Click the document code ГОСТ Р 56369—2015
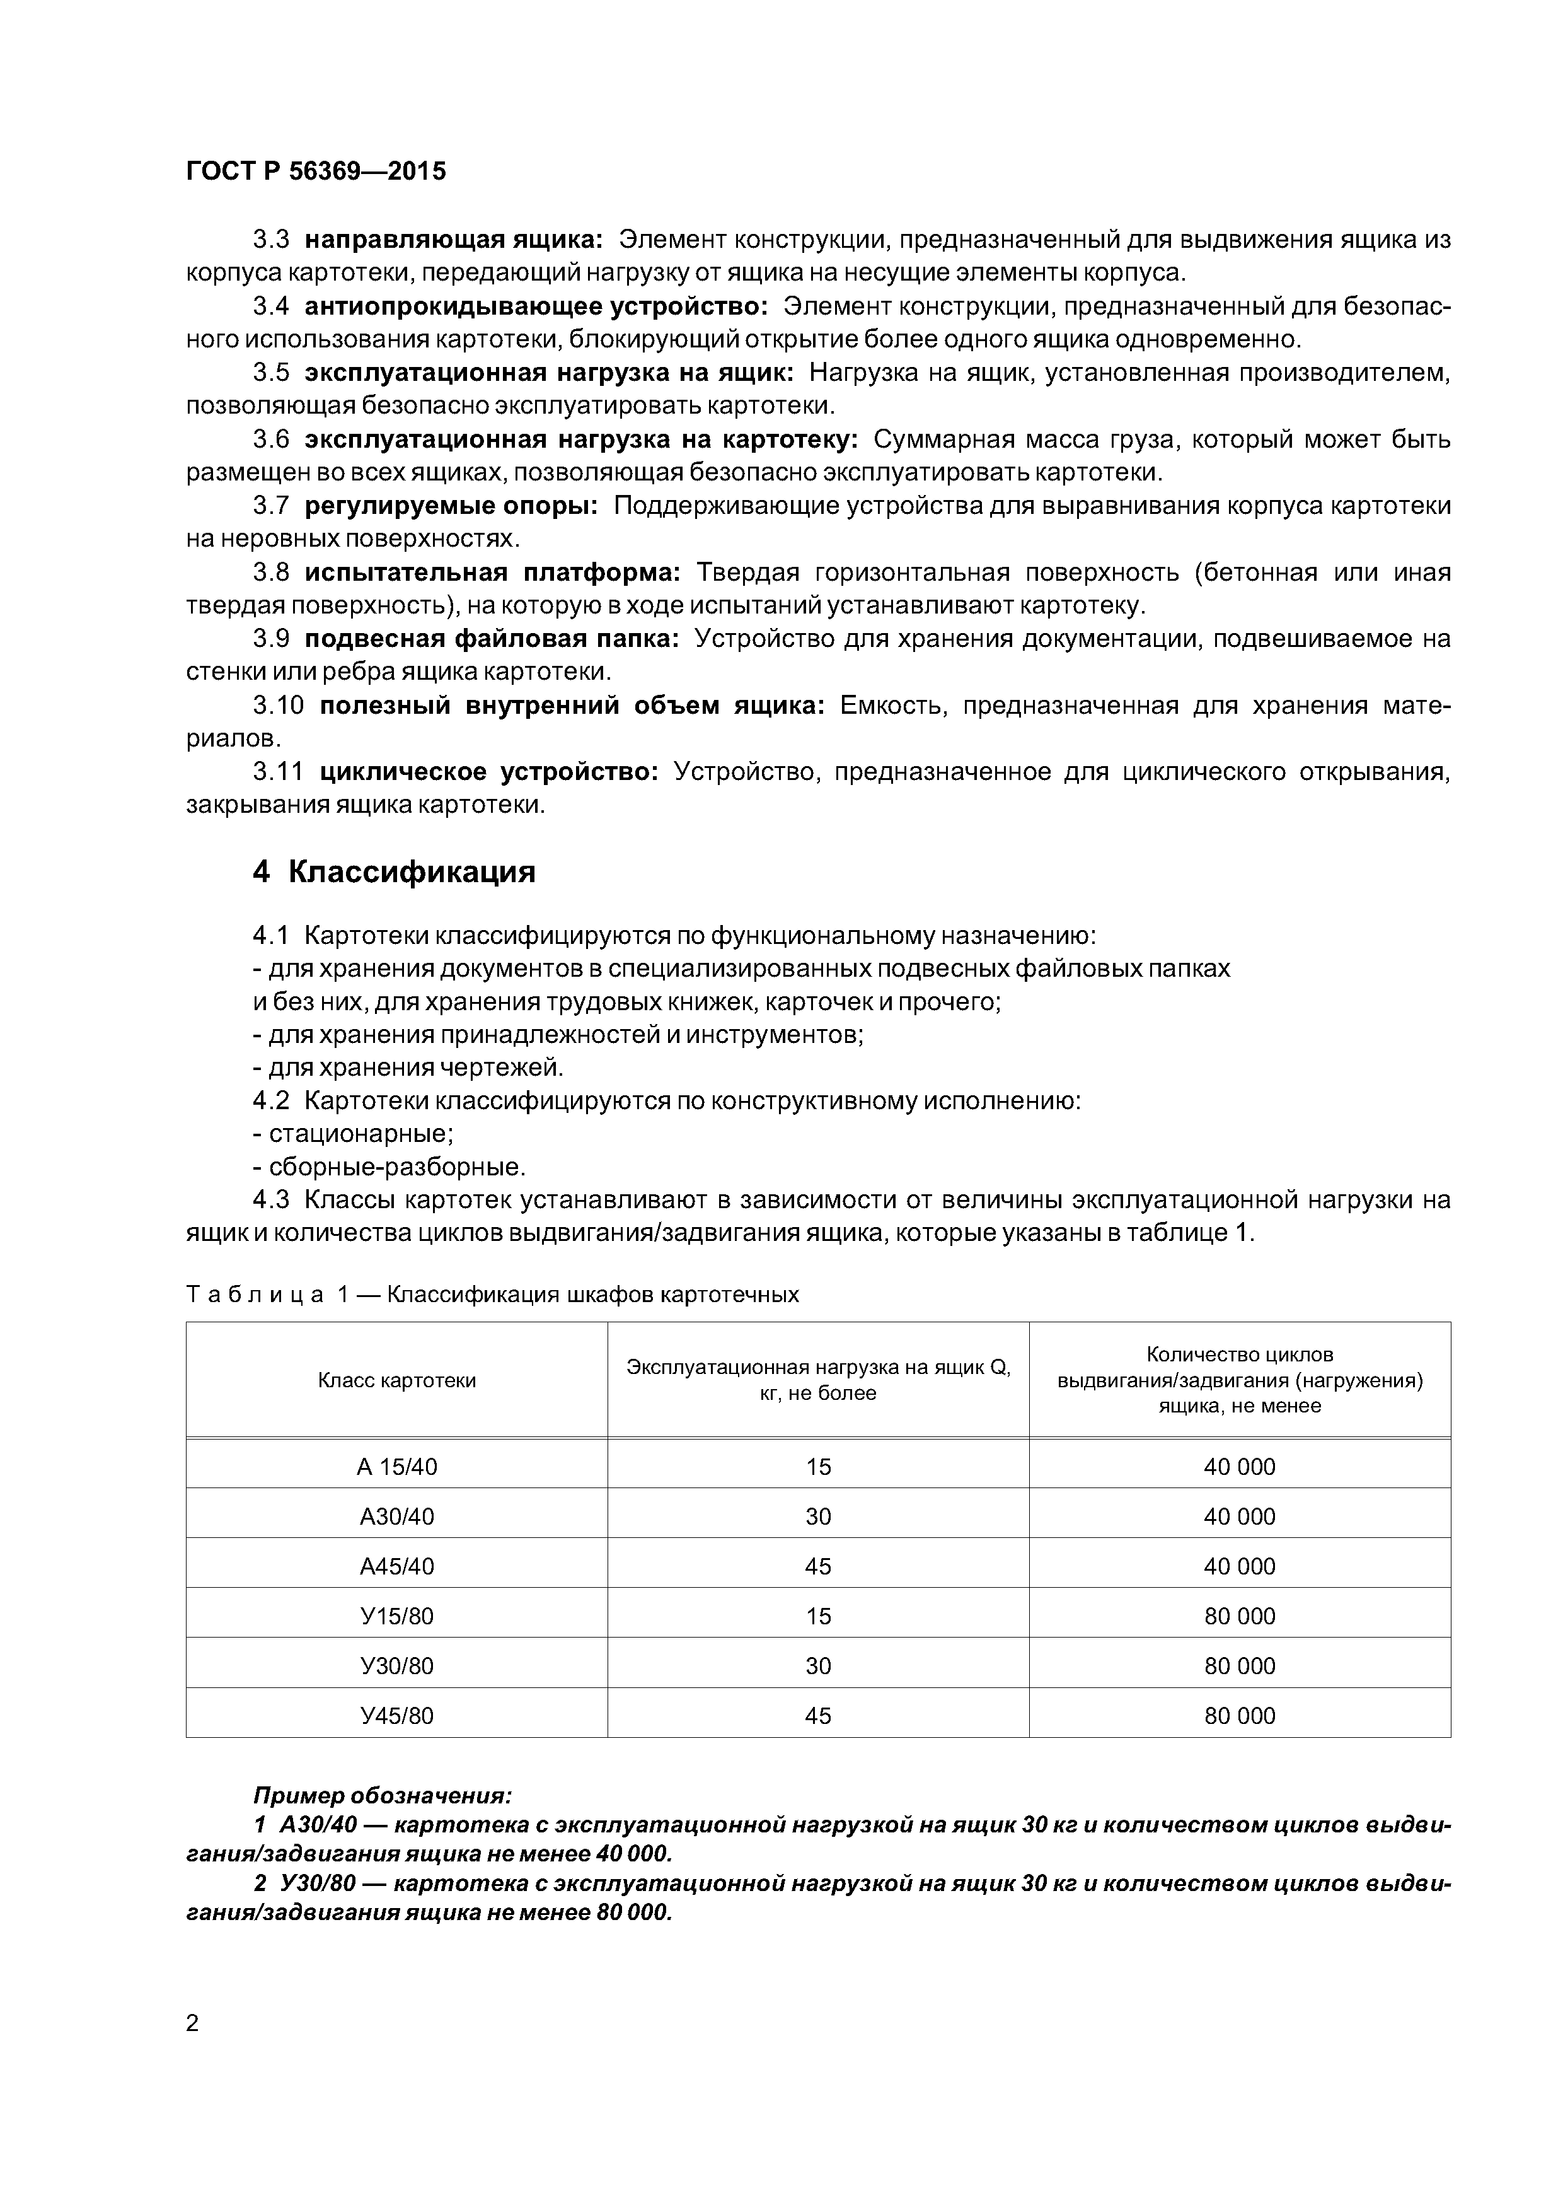point(316,172)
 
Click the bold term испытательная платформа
point(493,573)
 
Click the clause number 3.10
point(279,705)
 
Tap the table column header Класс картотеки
point(397,1380)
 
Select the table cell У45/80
point(397,1716)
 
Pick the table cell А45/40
point(397,1566)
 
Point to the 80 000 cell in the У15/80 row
point(1240,1615)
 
